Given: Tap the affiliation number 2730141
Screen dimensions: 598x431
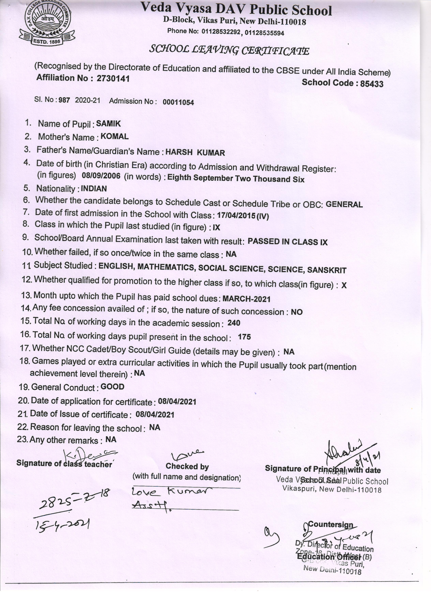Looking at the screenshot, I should (x=113, y=79).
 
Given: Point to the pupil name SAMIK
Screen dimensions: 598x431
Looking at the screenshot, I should (x=108, y=123).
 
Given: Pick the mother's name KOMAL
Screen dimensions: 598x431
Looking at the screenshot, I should (x=115, y=137).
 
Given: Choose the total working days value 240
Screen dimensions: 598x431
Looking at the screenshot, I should (x=234, y=323).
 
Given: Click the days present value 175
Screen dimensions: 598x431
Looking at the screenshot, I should (x=244, y=337).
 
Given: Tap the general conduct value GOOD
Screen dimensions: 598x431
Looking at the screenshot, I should (x=112, y=387).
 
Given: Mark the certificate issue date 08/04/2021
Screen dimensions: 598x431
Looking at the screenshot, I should (x=155, y=415).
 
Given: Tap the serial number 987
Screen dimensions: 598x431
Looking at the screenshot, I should (x=64, y=100).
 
